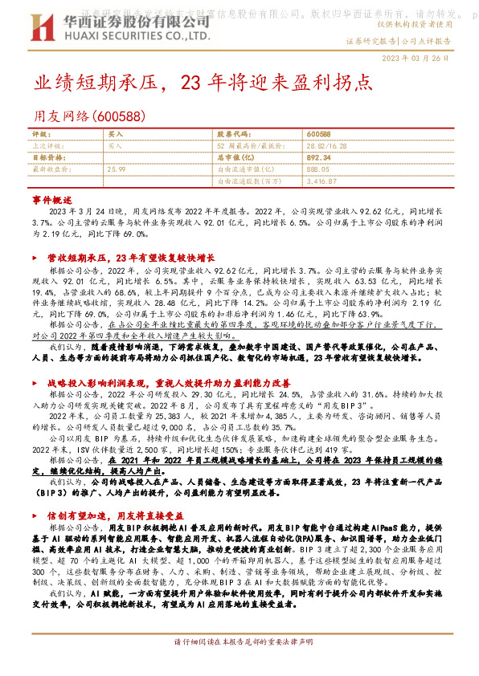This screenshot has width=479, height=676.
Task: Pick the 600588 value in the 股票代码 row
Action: point(318,133)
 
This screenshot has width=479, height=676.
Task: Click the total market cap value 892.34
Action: point(319,158)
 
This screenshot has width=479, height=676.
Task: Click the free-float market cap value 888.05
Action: point(319,170)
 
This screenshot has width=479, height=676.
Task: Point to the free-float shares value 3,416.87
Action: point(321,182)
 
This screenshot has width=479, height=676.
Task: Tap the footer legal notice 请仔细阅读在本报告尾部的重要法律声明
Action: point(239,665)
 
